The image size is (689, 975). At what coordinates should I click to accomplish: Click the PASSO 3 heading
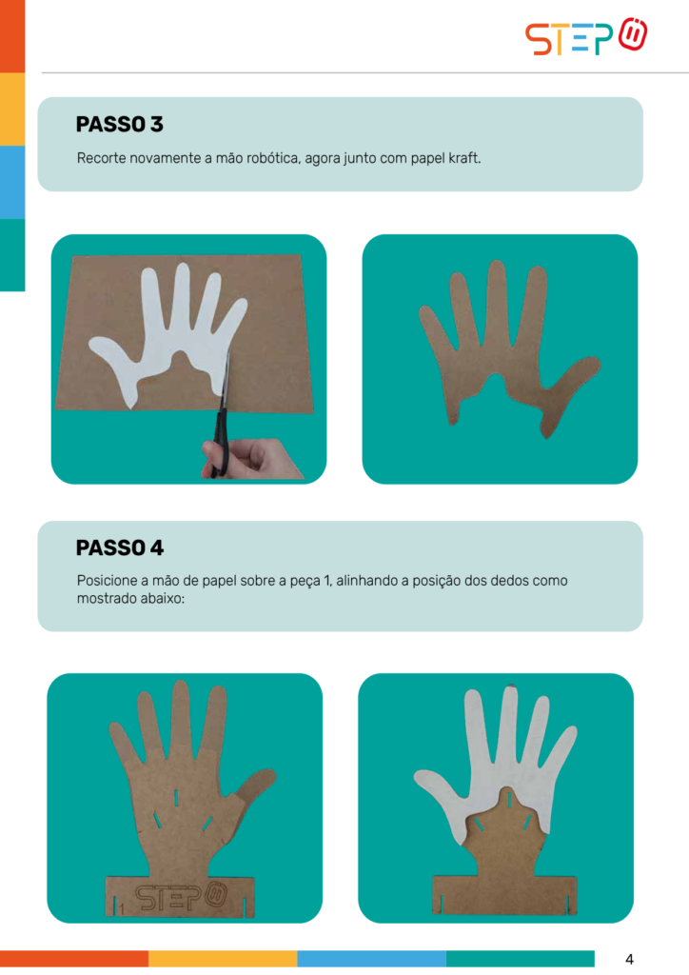pos(119,125)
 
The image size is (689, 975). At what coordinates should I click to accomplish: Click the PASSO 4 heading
pos(119,547)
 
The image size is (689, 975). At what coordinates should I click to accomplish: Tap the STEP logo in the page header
pos(586,37)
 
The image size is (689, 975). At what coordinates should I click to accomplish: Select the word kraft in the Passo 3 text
pos(464,158)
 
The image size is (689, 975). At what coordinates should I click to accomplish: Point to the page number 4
pos(629,959)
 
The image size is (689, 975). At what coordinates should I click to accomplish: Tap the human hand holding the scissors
pos(251,459)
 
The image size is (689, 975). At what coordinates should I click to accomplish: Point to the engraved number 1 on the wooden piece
pos(122,909)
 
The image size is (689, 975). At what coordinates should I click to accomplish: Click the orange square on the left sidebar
pos(12,36)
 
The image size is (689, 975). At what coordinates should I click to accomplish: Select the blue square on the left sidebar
pos(12,182)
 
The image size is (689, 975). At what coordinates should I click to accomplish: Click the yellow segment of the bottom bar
pos(223,958)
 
